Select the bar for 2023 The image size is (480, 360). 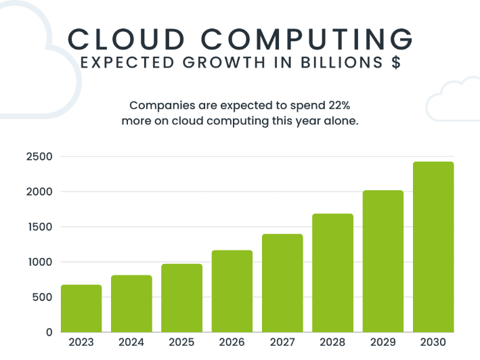(x=81, y=309)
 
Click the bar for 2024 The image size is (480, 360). (x=131, y=304)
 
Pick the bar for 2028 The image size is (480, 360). (x=332, y=273)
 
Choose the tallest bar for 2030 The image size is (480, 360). (x=433, y=247)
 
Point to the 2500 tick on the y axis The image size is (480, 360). (x=39, y=157)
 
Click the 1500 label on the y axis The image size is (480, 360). (x=39, y=227)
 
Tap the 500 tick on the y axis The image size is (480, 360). (x=42, y=297)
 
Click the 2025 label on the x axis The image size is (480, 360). (x=181, y=342)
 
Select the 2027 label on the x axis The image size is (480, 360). (x=282, y=342)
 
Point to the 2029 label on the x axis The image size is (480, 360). (x=383, y=342)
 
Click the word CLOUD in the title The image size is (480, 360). (x=125, y=39)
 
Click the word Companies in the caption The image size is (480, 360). (x=160, y=106)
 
